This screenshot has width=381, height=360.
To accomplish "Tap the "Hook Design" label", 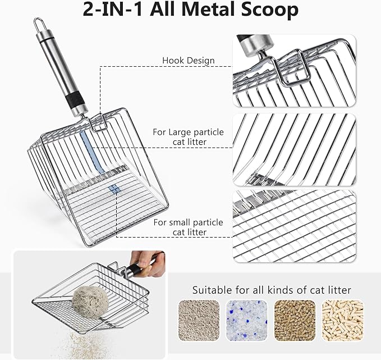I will click(x=188, y=61).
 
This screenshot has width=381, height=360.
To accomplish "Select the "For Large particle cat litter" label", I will click(x=188, y=137).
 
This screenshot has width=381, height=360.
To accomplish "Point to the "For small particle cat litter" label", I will click(x=188, y=227).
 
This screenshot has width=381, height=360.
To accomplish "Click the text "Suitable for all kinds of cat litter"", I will click(x=272, y=290).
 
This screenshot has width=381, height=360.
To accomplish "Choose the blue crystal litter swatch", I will click(x=246, y=318).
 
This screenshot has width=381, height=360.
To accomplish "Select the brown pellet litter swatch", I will click(x=295, y=318).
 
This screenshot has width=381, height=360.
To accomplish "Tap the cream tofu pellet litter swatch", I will click(x=343, y=318).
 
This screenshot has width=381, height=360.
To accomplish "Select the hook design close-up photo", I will click(x=293, y=70).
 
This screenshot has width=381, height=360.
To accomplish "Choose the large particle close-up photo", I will click(x=293, y=150).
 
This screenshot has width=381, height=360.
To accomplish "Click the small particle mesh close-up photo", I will click(x=293, y=226).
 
